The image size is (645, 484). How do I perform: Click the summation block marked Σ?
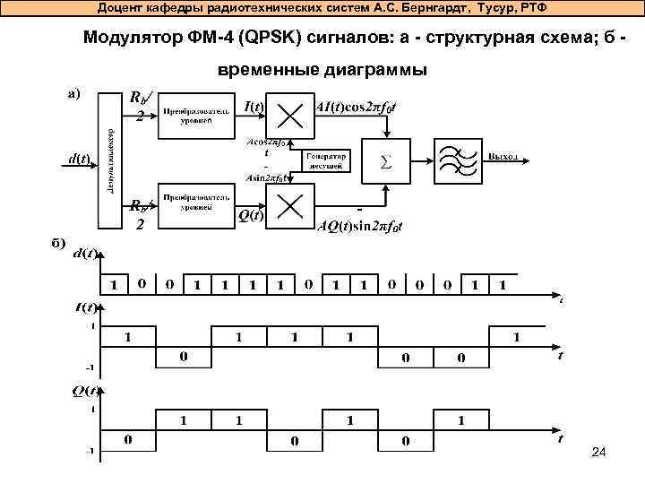pos(386,163)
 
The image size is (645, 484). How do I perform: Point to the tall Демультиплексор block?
pos(110,161)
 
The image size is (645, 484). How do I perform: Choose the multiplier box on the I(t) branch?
pos(291,117)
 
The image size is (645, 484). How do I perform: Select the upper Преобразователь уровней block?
pos(194,115)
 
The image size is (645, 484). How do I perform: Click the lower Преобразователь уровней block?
pos(194,205)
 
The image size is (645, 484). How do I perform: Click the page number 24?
pos(599,454)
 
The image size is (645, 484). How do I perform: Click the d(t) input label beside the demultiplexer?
pos(79,160)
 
